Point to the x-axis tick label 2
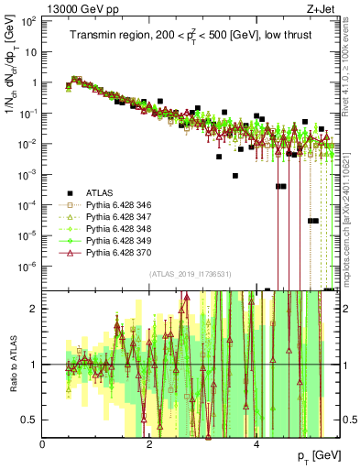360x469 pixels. pyautogui.click(x=150, y=444)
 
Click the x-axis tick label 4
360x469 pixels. pyautogui.click(x=256, y=444)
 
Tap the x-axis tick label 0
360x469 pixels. pyautogui.click(x=43, y=444)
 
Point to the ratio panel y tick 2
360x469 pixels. pyautogui.click(x=34, y=309)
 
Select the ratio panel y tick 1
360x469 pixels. pyautogui.click(x=34, y=365)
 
